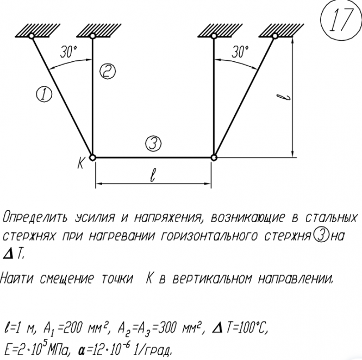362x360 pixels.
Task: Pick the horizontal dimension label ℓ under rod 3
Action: click(x=153, y=176)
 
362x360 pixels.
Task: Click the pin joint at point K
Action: click(x=92, y=157)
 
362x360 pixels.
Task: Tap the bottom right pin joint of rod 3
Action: click(x=214, y=157)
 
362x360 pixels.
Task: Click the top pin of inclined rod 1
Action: click(x=32, y=36)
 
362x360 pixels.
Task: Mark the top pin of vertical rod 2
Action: click(x=92, y=36)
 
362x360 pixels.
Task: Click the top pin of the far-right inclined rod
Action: click(x=275, y=36)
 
